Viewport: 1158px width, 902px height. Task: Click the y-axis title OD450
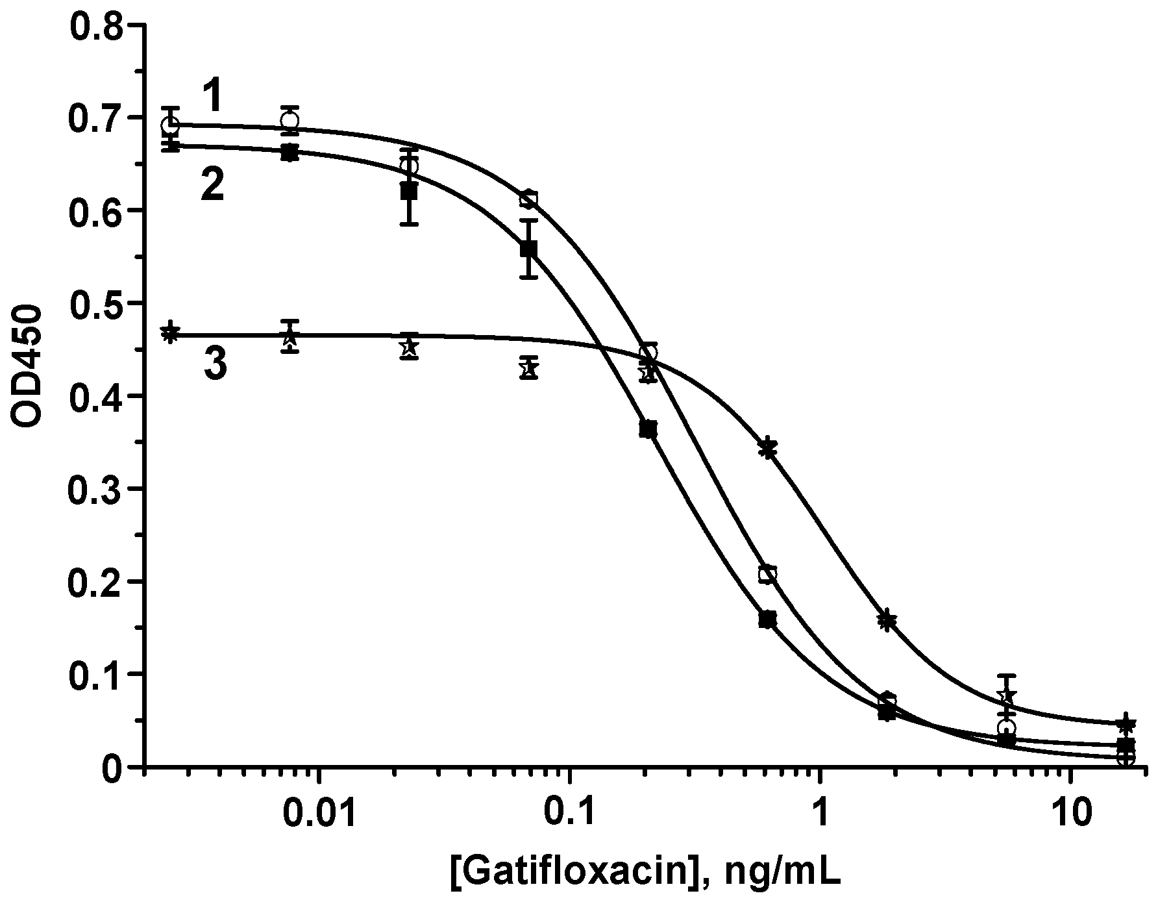coord(27,368)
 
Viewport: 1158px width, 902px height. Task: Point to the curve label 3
coord(216,364)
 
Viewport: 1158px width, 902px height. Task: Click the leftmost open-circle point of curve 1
coord(171,124)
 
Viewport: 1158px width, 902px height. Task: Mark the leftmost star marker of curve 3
coord(170,332)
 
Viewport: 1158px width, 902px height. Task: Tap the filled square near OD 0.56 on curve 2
coord(529,249)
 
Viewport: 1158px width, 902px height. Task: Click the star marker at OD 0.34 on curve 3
coord(768,447)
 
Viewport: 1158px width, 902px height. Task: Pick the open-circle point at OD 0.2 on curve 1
coord(768,574)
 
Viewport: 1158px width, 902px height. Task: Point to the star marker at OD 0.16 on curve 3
coord(887,620)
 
